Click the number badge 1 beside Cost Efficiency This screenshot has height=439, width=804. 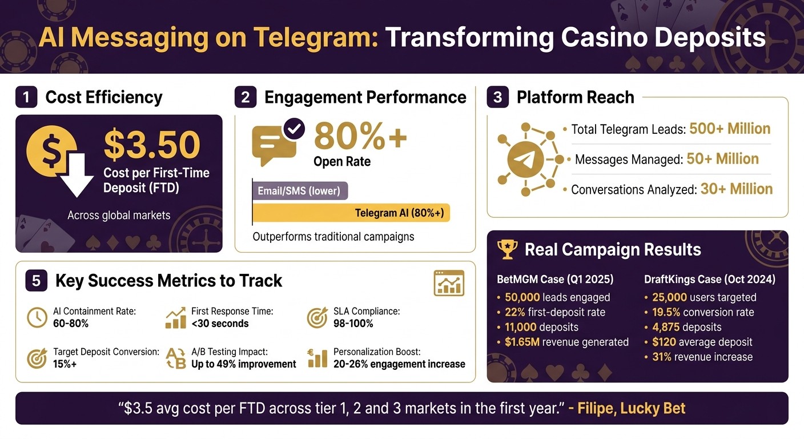[26, 98]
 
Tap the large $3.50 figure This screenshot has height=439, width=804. [152, 145]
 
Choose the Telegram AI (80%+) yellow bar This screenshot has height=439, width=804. [351, 213]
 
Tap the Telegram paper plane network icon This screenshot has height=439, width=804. [525, 159]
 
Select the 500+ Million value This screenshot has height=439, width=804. [730, 129]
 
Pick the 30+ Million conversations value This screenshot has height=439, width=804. [736, 189]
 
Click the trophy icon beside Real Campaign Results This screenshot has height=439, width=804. [507, 249]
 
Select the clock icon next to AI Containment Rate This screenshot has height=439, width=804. [37, 318]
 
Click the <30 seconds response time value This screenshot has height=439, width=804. [220, 324]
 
